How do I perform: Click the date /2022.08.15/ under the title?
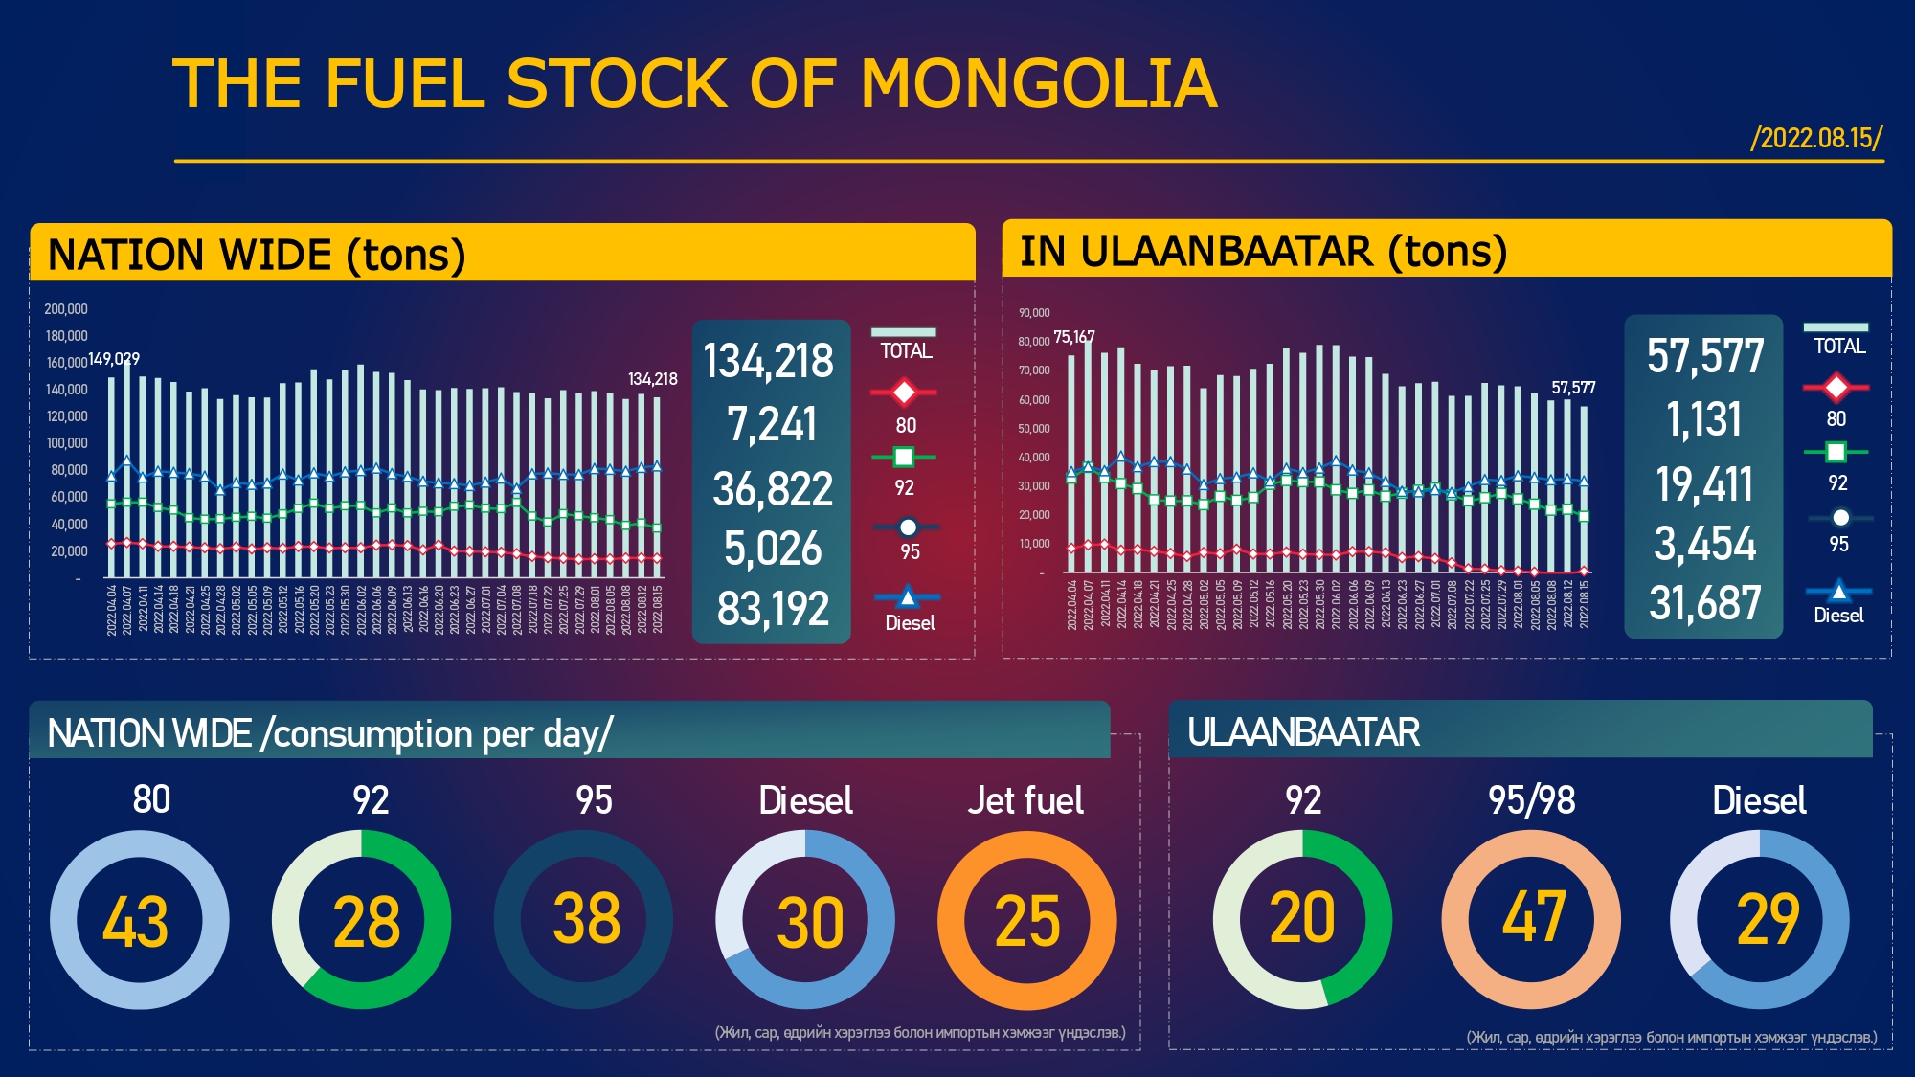[1816, 138]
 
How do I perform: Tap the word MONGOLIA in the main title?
[1039, 84]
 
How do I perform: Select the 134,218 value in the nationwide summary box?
[769, 362]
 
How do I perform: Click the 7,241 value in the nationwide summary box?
[772, 424]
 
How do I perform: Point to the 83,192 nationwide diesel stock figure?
[773, 609]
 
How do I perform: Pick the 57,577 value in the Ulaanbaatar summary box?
[1705, 356]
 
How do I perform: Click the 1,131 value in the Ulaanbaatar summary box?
[1704, 419]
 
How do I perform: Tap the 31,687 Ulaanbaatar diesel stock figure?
[1705, 604]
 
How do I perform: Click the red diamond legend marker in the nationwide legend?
[903, 393]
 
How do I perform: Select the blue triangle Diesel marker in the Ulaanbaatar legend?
[1838, 591]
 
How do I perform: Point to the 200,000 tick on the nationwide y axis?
[65, 309]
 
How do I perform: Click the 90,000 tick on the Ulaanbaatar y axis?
[1034, 313]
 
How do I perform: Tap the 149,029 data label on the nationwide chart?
[114, 359]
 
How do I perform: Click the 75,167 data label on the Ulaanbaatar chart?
[1073, 337]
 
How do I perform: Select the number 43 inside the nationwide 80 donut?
[136, 923]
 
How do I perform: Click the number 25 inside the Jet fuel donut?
[1027, 923]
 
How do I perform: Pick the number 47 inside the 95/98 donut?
[1533, 917]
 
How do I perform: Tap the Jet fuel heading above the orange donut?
[1025, 800]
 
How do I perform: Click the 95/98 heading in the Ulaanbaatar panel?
[1531, 800]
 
